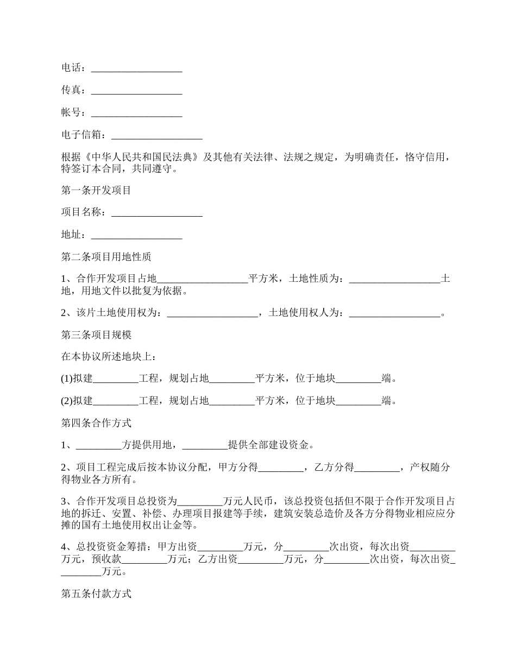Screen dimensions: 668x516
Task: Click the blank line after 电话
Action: pyautogui.click(x=136, y=68)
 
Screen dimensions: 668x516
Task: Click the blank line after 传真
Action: pyautogui.click(x=136, y=91)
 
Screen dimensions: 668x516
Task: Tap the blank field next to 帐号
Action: pyautogui.click(x=136, y=113)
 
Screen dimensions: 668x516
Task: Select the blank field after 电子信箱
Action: pyautogui.click(x=156, y=135)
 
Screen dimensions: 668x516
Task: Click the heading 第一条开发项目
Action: pyautogui.click(x=96, y=191)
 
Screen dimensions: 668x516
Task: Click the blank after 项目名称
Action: pyautogui.click(x=156, y=213)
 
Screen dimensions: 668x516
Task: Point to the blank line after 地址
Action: pyautogui.click(x=136, y=235)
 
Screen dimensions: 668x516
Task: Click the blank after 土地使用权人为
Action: pyautogui.click(x=394, y=313)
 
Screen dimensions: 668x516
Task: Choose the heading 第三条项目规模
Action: pyautogui.click(x=96, y=335)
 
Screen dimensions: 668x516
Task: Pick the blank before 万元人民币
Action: pyautogui.click(x=200, y=501)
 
